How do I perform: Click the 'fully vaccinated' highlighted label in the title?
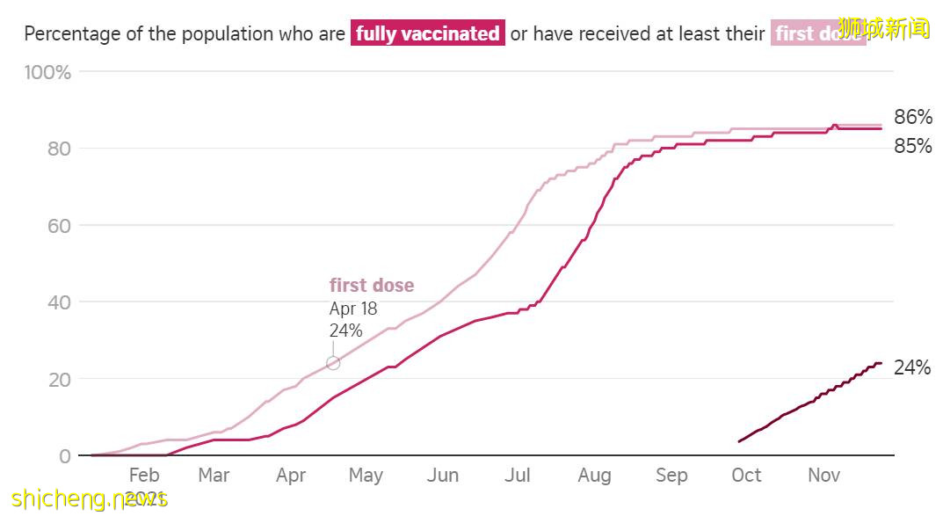(x=428, y=34)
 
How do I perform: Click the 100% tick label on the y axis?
(x=47, y=72)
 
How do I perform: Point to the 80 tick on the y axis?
(x=59, y=149)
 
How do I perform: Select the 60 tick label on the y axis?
(x=59, y=226)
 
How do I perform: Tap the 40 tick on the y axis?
(x=59, y=302)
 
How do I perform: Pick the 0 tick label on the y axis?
(x=65, y=456)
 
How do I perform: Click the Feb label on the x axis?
(x=144, y=476)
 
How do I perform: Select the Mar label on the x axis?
(x=214, y=476)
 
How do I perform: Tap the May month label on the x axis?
(x=366, y=476)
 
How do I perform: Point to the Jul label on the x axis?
(x=518, y=476)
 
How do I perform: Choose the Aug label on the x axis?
(x=594, y=476)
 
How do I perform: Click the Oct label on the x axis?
(x=746, y=476)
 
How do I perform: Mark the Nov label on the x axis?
(x=823, y=476)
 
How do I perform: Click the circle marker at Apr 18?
(x=333, y=363)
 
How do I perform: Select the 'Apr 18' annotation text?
(x=353, y=309)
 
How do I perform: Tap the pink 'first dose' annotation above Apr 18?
(x=372, y=286)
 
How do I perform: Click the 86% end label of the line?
(x=913, y=118)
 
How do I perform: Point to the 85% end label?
(x=913, y=147)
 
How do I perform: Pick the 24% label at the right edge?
(x=912, y=368)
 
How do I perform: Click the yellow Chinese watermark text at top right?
(x=883, y=28)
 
